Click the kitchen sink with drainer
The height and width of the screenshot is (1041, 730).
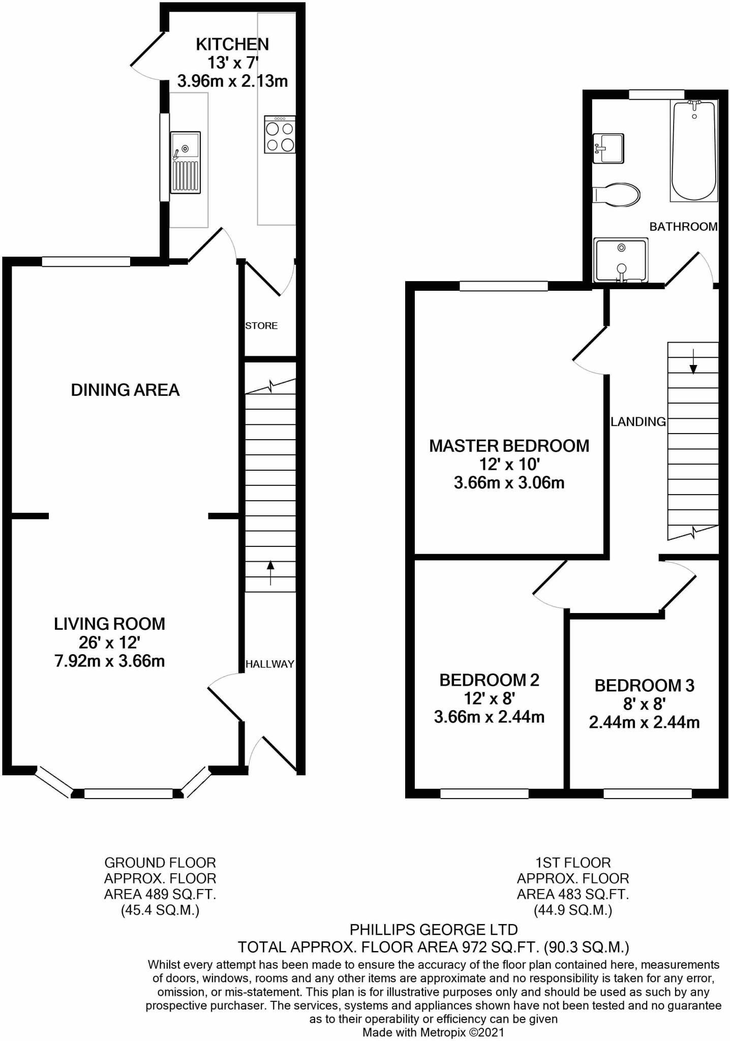pos(185,162)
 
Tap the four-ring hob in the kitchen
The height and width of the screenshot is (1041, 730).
pos(280,135)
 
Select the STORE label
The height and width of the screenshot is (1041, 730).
pos(261,326)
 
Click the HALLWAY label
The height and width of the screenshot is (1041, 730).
pos(269,664)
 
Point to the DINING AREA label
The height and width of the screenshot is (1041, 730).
pos(125,390)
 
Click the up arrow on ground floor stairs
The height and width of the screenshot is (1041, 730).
pos(270,572)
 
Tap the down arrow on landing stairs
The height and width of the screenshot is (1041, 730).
pos(693,361)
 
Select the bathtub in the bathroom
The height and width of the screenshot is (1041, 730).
pos(694,150)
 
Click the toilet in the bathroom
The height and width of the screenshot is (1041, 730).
pos(616,195)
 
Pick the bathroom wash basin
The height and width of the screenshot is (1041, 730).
pos(608,148)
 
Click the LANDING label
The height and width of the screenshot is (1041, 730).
pos(637,421)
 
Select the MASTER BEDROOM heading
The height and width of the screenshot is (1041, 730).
pos(509,446)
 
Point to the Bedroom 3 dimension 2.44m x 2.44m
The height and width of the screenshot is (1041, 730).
pos(644,722)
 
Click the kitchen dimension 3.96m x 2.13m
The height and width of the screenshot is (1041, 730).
pos(232,81)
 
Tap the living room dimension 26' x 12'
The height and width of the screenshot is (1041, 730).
pos(109,642)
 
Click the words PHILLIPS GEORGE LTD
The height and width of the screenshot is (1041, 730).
pos(434,930)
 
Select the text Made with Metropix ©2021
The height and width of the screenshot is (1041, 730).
pos(433,1032)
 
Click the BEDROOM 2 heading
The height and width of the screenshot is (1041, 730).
pos(489,680)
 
